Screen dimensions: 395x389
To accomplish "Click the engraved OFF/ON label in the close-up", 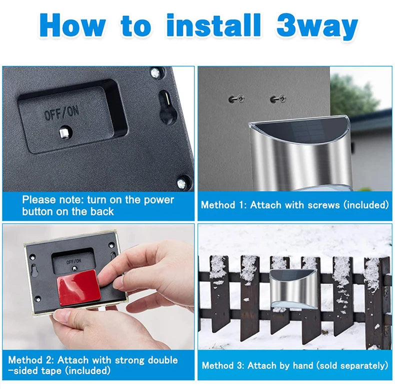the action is [61, 112].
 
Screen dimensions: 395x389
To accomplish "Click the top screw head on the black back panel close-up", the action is [155, 73].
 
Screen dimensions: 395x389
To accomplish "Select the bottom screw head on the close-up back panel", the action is [181, 183].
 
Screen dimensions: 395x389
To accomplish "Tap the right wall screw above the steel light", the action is [278, 98].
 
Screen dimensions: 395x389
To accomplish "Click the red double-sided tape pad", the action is [78, 287].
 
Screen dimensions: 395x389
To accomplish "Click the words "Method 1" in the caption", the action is [223, 205].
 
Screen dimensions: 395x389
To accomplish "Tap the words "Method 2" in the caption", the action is [31, 360].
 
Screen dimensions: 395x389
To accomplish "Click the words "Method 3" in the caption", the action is [223, 365].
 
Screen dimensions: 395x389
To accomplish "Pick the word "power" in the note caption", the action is [158, 200].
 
